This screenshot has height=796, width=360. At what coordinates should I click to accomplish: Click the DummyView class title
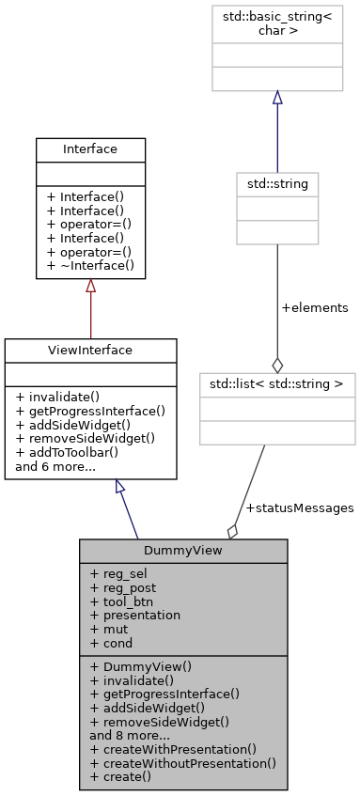[x=182, y=550]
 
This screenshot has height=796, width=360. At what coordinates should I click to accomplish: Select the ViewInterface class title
[x=90, y=350]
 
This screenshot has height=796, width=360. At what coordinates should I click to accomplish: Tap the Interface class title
[x=90, y=149]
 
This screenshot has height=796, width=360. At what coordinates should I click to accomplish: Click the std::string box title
[x=276, y=181]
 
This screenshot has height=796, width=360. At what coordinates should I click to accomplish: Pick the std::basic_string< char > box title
[x=276, y=21]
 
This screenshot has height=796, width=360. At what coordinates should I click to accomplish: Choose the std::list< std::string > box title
[x=276, y=382]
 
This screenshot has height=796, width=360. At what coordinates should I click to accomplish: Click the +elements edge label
[x=315, y=307]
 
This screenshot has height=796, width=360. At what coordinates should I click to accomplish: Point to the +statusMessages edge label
[x=299, y=507]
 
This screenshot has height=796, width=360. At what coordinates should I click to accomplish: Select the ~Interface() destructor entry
[x=90, y=266]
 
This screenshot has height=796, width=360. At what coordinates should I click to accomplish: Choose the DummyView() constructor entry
[x=140, y=666]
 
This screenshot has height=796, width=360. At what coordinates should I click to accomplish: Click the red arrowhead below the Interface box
[x=90, y=286]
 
